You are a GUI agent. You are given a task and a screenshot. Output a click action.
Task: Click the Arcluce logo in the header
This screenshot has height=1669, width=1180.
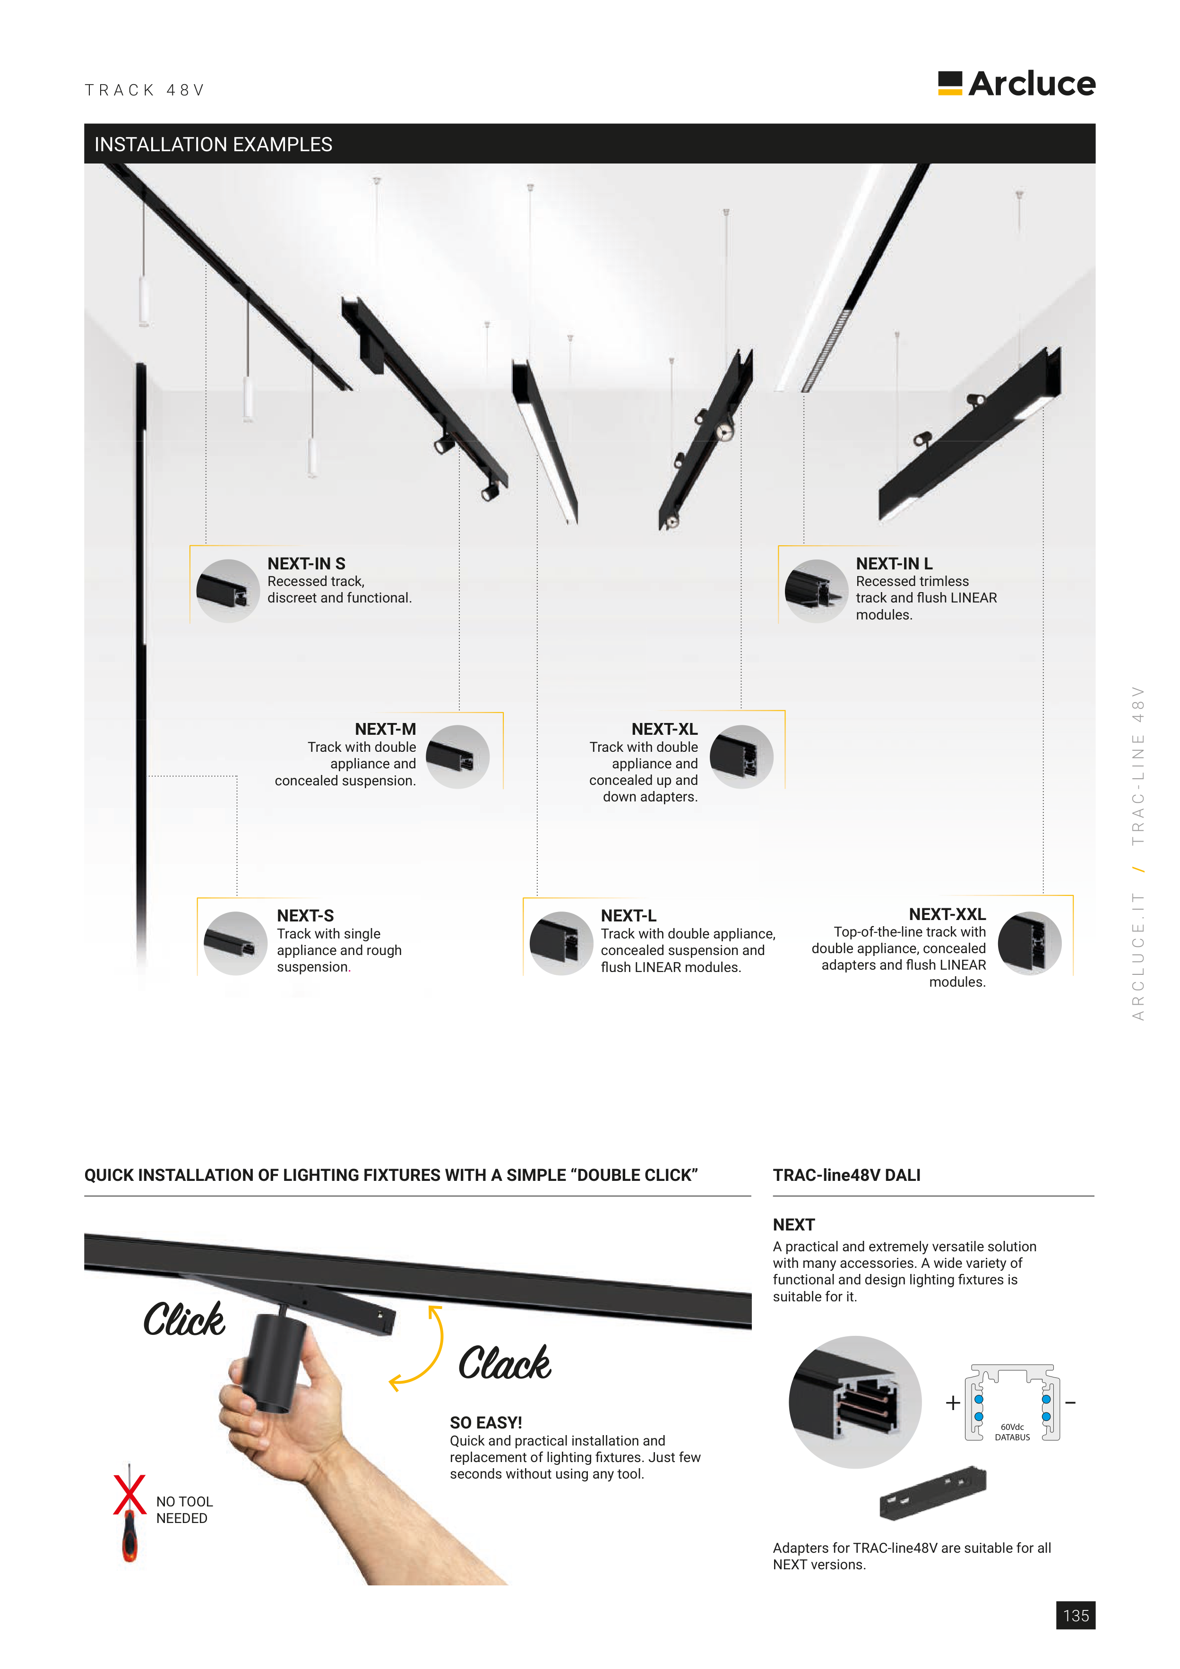[1016, 84]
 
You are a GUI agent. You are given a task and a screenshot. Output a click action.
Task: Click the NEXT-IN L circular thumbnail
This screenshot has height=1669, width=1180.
[816, 591]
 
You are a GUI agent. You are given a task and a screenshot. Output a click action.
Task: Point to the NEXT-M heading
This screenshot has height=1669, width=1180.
[385, 729]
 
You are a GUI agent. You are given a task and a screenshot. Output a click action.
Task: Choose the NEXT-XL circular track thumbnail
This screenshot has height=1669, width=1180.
[741, 757]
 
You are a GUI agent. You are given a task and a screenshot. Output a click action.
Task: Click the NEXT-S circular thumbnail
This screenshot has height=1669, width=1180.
[235, 943]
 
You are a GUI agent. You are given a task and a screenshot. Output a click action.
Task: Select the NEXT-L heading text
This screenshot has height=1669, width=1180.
[628, 916]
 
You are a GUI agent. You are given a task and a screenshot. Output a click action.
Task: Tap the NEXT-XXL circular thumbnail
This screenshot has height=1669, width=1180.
[1030, 943]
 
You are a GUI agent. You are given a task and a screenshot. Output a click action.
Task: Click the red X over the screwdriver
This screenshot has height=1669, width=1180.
[129, 1495]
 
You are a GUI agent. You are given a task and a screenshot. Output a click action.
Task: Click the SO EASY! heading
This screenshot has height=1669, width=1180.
[486, 1423]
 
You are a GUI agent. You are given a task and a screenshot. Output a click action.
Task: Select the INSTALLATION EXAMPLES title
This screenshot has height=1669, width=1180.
[213, 145]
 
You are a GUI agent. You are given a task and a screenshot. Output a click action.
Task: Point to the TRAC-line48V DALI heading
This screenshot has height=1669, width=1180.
[846, 1175]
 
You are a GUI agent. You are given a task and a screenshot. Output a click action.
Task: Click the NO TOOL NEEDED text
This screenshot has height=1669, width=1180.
[184, 1510]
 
